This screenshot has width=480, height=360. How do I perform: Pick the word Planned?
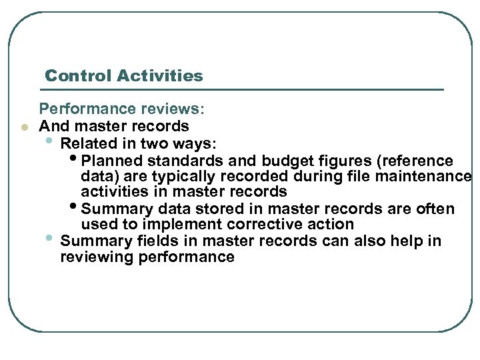click(x=111, y=161)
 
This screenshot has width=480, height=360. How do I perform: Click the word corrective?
click(x=265, y=225)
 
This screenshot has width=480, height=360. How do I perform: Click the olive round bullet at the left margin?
click(x=23, y=126)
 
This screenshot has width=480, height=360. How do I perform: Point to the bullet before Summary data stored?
click(x=73, y=207)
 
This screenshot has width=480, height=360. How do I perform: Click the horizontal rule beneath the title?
click(x=243, y=89)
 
